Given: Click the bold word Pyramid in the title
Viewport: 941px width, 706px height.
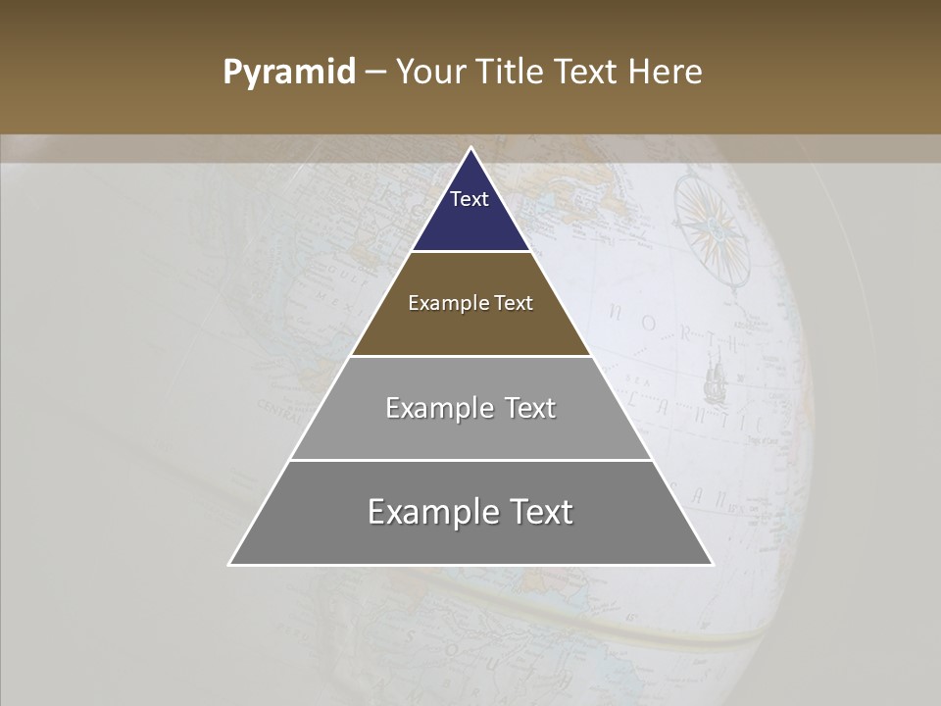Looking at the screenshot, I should click(288, 73).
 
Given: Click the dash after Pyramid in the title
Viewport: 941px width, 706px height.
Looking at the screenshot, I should click(374, 73).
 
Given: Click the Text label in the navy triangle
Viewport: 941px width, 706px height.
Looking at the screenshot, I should click(470, 199).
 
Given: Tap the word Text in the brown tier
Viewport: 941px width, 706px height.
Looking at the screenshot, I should click(515, 303).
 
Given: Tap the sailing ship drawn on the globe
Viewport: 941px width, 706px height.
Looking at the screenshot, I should click(714, 378).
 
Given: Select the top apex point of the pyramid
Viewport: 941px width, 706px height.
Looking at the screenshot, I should click(470, 148).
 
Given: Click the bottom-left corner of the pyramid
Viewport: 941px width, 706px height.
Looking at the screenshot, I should click(229, 565).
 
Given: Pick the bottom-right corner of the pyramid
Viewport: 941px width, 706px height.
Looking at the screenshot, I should click(713, 565).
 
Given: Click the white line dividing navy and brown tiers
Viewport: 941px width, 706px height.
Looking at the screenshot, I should click(470, 252).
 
